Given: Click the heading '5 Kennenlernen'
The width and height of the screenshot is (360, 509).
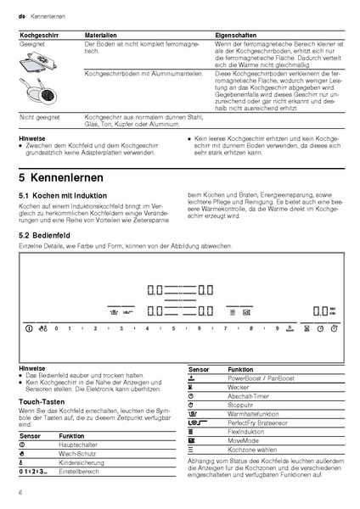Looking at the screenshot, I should coord(60,179).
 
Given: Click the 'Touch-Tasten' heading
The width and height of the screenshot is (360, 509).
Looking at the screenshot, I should coord(38,398).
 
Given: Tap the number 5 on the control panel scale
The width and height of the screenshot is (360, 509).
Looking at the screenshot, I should coord(173,327).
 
